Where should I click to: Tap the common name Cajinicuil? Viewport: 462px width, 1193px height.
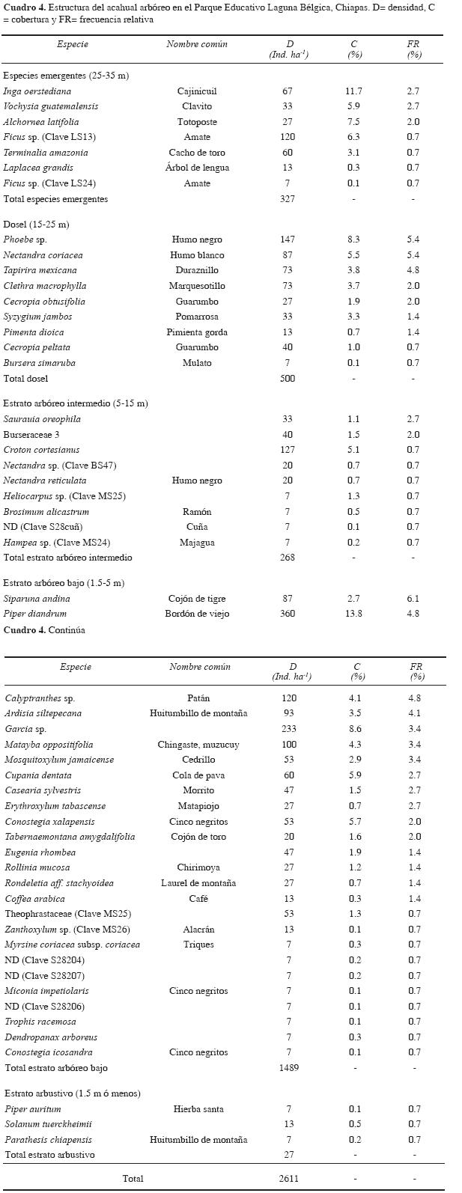coord(197,91)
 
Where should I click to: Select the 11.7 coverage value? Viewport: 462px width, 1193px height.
coord(354,91)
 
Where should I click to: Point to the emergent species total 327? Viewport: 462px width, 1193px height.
coord(288,199)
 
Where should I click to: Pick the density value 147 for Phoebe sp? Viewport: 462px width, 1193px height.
coord(288,239)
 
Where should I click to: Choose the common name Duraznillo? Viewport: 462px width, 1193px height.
coord(197,270)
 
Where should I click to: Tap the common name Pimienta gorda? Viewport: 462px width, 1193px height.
coord(197,332)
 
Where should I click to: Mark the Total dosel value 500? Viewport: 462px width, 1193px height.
coord(288,379)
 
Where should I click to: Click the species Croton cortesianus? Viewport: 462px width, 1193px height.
coord(41,450)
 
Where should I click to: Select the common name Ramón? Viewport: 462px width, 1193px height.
coord(197,512)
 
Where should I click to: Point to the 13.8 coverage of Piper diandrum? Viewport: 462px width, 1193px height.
coord(354,614)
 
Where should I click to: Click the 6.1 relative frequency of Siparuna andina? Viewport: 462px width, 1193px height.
coord(413,599)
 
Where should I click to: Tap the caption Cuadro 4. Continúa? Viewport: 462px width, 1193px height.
coord(44,630)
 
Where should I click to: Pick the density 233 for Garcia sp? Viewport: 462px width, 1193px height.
coord(288,729)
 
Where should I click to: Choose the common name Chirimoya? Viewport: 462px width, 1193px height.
coord(198,868)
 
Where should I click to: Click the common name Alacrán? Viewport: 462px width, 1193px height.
coord(198,930)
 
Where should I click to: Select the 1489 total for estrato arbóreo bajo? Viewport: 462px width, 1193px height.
coord(288,1068)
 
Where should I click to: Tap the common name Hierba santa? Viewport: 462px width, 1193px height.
coord(198,1109)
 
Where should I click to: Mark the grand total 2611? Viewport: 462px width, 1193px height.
coord(288,1179)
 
